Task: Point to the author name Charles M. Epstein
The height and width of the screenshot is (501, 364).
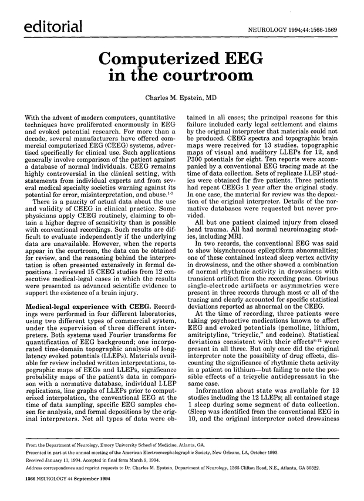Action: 182,98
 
